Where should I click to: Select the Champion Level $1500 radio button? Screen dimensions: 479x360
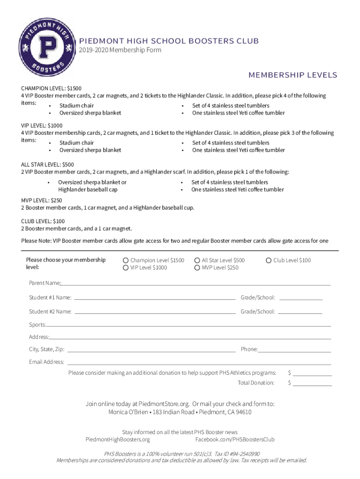(x=125, y=260)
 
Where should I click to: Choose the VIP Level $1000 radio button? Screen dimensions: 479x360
(x=125, y=268)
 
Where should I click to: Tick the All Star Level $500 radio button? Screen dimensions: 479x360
(x=197, y=260)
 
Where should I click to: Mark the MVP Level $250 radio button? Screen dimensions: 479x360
(x=197, y=268)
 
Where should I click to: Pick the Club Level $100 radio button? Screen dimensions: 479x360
(x=269, y=260)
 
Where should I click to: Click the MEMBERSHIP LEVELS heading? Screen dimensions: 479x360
(x=293, y=75)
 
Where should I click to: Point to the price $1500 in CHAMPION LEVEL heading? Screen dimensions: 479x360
(x=75, y=88)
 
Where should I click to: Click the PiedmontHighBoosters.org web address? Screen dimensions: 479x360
(x=118, y=440)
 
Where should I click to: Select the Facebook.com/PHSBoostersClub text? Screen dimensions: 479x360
(x=235, y=440)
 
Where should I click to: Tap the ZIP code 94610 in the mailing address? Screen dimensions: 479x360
(x=243, y=412)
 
